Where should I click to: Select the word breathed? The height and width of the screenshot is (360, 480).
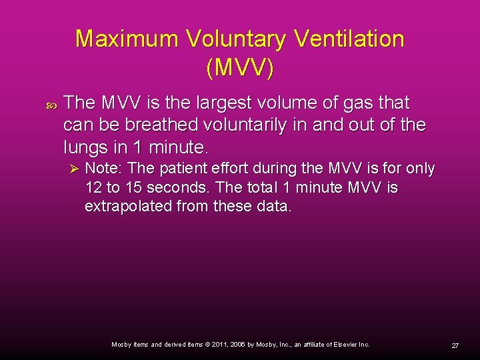pyautogui.click(x=163, y=125)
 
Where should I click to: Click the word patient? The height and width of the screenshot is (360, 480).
pyautogui.click(x=179, y=169)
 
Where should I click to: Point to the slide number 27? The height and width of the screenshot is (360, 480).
pyautogui.click(x=455, y=346)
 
